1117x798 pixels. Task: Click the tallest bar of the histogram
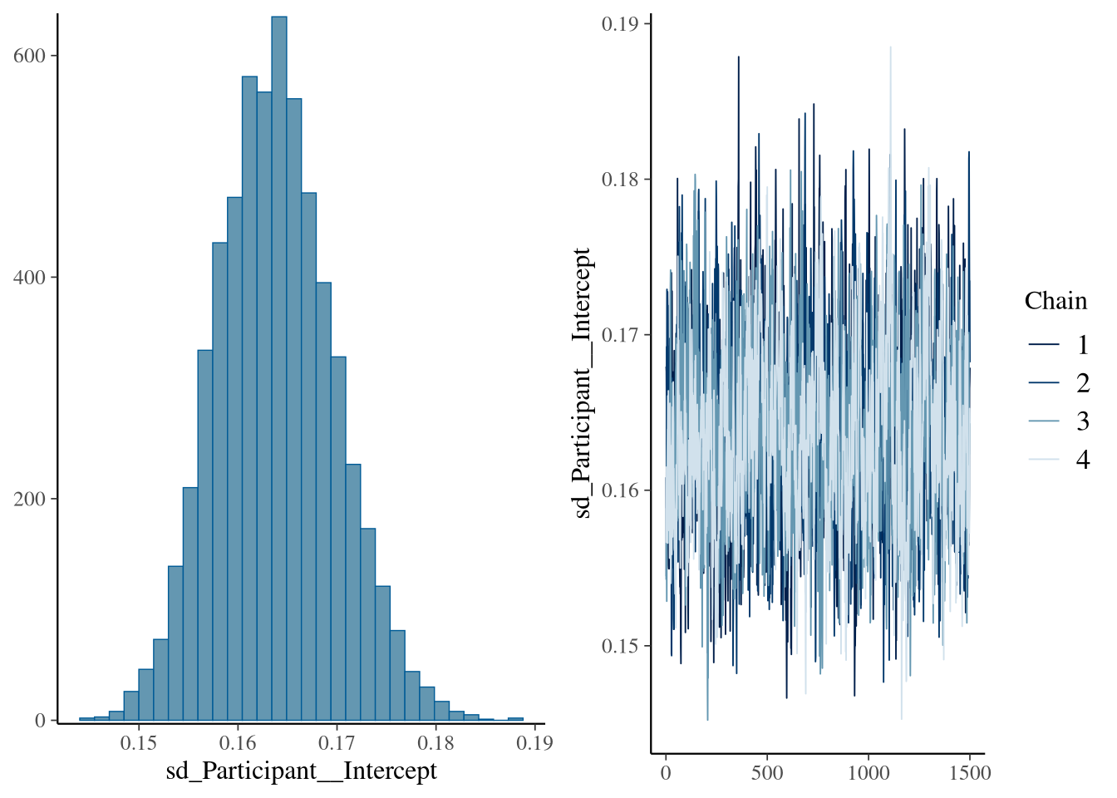click(x=279, y=366)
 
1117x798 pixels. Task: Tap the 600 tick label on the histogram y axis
click(x=29, y=56)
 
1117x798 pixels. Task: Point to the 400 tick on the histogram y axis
click(x=29, y=277)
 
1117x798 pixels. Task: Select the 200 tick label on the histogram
click(x=29, y=499)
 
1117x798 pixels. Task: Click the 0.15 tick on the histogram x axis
click(x=138, y=742)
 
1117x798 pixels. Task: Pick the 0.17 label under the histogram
click(x=337, y=742)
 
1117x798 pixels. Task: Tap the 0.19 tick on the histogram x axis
click(x=534, y=742)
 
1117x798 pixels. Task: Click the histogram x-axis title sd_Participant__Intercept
click(x=301, y=771)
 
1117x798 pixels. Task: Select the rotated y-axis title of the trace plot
click(x=583, y=382)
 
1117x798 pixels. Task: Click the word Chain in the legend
click(x=1055, y=301)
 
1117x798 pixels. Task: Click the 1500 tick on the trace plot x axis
click(x=970, y=773)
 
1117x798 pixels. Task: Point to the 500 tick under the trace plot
click(x=766, y=773)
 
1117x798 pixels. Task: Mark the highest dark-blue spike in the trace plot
click(x=738, y=58)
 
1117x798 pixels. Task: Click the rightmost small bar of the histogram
click(x=516, y=718)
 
